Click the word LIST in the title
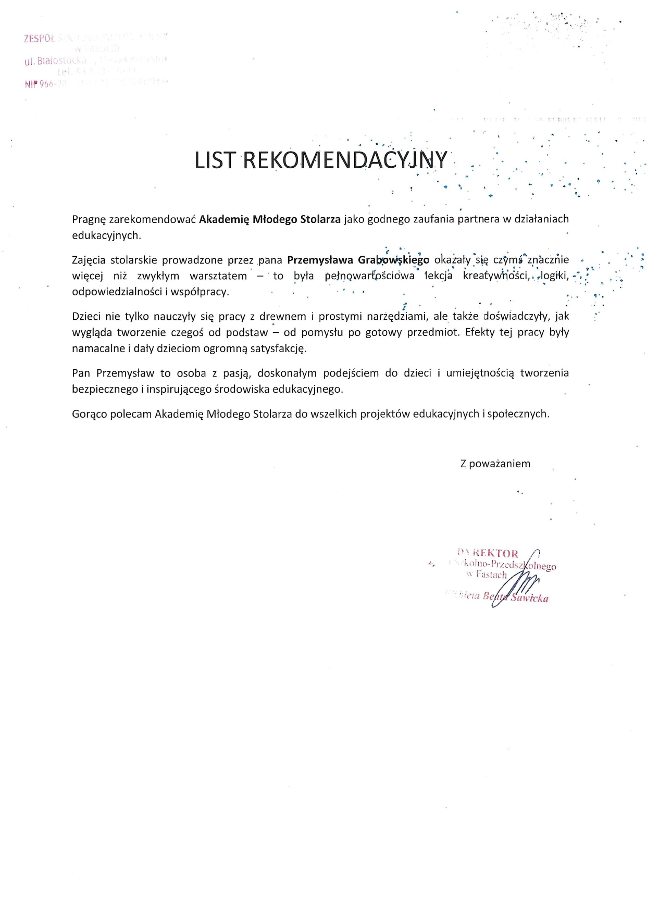[215, 160]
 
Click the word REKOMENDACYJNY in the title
[345, 160]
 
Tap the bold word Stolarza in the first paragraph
[320, 219]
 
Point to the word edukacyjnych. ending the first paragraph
[106, 235]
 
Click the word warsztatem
[218, 276]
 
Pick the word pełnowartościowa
[369, 276]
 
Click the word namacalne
[98, 348]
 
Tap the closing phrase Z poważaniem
[495, 464]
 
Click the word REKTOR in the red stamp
[495, 554]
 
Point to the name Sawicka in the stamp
[530, 598]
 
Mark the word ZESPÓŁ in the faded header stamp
[40, 38]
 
